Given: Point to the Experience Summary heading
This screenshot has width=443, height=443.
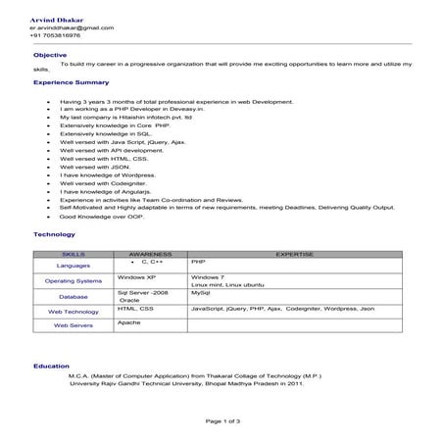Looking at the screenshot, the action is pyautogui.click(x=71, y=82).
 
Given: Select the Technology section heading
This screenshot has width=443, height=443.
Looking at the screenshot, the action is pyautogui.click(x=55, y=235).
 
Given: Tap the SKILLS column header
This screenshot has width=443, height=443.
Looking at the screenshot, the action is pyautogui.click(x=74, y=253).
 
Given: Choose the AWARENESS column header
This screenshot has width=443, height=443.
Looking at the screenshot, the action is pyautogui.click(x=151, y=253).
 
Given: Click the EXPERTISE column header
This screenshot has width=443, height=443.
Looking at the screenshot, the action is pyautogui.click(x=294, y=253).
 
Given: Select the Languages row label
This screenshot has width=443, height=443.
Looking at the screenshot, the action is pyautogui.click(x=74, y=266).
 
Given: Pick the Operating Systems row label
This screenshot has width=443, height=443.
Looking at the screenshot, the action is pyautogui.click(x=74, y=281).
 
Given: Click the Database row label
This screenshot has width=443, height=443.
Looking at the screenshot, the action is pyautogui.click(x=74, y=296).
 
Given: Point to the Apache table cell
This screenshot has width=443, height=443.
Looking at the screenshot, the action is pyautogui.click(x=129, y=322).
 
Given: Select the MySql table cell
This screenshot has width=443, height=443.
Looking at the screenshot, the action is pyautogui.click(x=202, y=292).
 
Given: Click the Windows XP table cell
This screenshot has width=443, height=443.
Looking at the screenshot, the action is pyautogui.click(x=137, y=277).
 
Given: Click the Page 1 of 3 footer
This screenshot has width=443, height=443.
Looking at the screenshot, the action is pyautogui.click(x=222, y=420).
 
